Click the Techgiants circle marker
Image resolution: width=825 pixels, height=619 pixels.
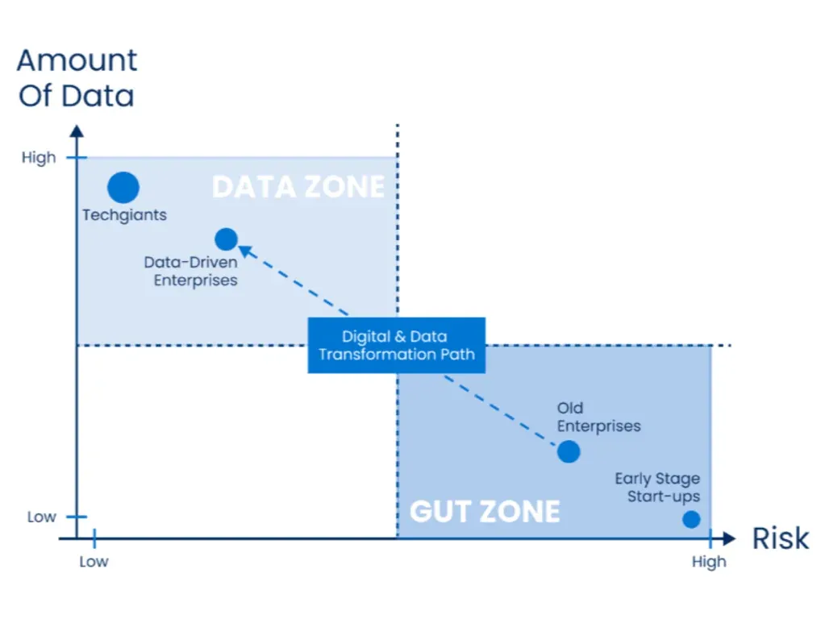(x=123, y=187)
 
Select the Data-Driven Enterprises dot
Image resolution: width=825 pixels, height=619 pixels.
(x=226, y=239)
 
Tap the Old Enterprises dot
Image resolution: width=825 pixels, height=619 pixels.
(x=569, y=451)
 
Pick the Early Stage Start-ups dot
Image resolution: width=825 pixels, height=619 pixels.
(x=691, y=519)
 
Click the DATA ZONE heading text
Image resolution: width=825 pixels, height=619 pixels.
(x=298, y=187)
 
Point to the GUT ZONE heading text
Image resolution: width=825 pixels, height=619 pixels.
(x=485, y=511)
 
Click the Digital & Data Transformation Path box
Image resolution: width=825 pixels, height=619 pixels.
(x=397, y=345)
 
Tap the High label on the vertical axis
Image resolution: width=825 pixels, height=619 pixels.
(x=39, y=157)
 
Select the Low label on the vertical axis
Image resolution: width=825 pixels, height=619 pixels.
(x=41, y=517)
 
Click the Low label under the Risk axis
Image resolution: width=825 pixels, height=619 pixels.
(x=94, y=562)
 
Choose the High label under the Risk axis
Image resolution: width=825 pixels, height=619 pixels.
(x=709, y=562)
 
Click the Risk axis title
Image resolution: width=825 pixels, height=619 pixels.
(x=780, y=538)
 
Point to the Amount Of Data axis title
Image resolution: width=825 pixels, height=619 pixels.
(x=77, y=78)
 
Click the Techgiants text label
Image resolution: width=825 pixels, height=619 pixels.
(x=124, y=215)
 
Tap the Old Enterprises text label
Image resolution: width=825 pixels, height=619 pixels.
(x=598, y=418)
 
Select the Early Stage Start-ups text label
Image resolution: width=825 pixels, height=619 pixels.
(x=657, y=488)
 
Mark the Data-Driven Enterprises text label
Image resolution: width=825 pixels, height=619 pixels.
(x=190, y=272)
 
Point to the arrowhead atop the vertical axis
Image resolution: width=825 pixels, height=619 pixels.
(x=76, y=131)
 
